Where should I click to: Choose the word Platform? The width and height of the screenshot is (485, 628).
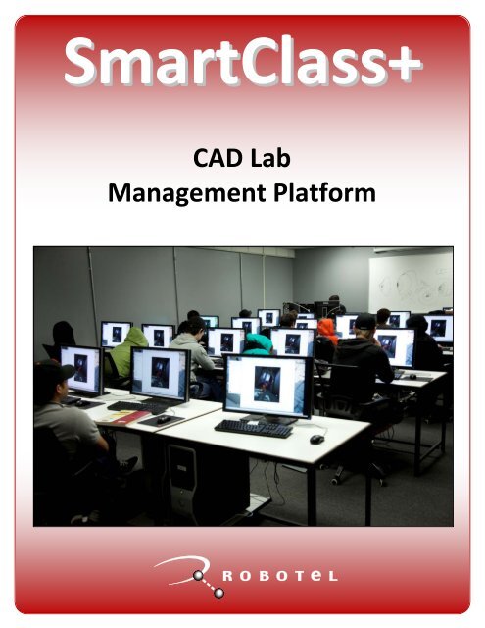pyautogui.click(x=324, y=193)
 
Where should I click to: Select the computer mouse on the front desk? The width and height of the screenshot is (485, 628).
pyautogui.click(x=316, y=439)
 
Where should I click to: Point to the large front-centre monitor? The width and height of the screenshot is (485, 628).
pyautogui.click(x=267, y=385)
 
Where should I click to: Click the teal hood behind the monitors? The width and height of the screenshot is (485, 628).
pyautogui.click(x=259, y=342)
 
